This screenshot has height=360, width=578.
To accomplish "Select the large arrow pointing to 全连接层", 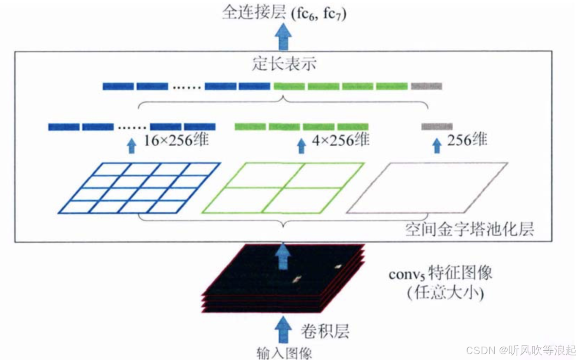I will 283,38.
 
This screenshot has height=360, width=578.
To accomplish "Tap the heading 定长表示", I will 284,65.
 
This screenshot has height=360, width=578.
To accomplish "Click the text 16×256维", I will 176,140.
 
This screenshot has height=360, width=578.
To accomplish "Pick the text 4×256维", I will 340,140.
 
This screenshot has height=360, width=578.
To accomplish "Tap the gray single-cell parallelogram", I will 427,188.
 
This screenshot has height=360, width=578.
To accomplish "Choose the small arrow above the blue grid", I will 132,145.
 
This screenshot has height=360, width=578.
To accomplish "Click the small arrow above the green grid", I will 301,145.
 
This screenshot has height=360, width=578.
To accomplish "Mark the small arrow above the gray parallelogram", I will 437,145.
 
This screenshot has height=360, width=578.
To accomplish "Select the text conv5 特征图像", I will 440,274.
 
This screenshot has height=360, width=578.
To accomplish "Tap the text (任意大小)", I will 445,293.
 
